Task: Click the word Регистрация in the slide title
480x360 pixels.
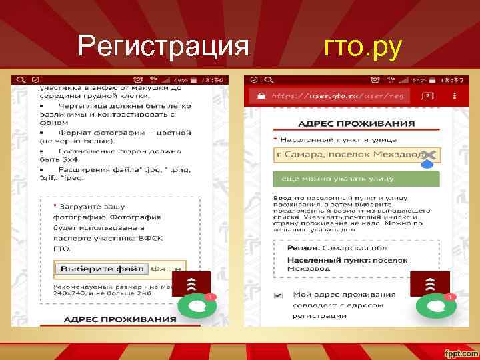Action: (163, 47)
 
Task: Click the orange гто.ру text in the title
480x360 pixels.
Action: (363, 47)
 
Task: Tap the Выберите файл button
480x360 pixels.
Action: (102, 269)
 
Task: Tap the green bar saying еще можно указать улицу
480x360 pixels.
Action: (356, 179)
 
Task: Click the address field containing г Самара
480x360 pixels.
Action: (347, 155)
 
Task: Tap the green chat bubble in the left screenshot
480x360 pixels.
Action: (197, 306)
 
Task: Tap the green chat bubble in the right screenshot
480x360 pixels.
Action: (436, 306)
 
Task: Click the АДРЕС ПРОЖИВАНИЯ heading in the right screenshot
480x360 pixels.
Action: (356, 124)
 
